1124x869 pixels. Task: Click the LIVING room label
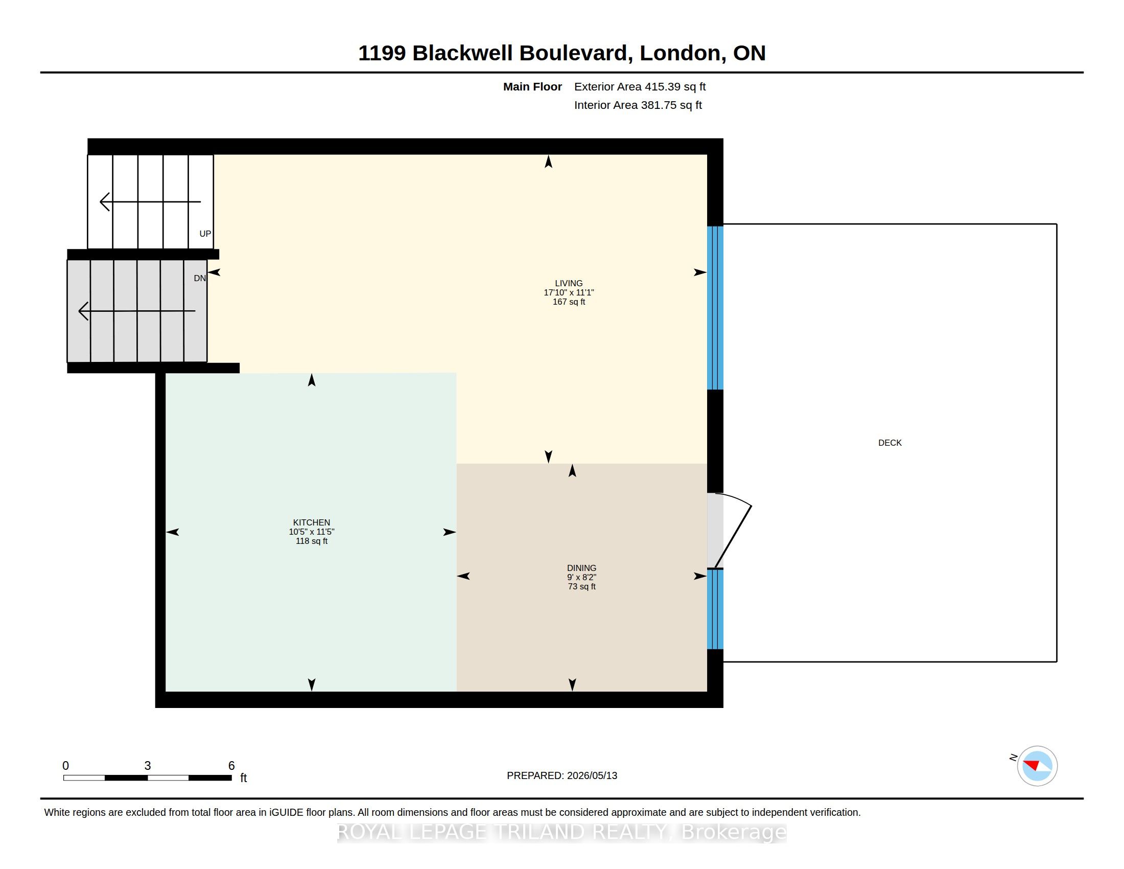pyautogui.click(x=569, y=283)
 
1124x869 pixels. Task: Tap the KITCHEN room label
pyautogui.click(x=311, y=522)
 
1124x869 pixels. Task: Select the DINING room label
pyautogui.click(x=581, y=568)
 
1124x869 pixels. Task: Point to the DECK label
pyautogui.click(x=890, y=443)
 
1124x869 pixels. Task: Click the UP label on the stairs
pyautogui.click(x=205, y=234)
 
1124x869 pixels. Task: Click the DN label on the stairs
pyautogui.click(x=200, y=279)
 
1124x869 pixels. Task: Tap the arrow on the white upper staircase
pyautogui.click(x=150, y=202)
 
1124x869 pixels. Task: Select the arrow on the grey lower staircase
pyautogui.click(x=137, y=311)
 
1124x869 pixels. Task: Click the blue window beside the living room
pyautogui.click(x=715, y=308)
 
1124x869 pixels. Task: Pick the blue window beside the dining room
pyautogui.click(x=715, y=609)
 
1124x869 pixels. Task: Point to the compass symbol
pyautogui.click(x=1037, y=766)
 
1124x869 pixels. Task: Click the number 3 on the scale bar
pyautogui.click(x=148, y=766)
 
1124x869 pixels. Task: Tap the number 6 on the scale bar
pyautogui.click(x=231, y=766)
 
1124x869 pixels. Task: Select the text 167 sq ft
pyautogui.click(x=569, y=302)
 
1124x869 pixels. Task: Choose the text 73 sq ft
pyautogui.click(x=581, y=586)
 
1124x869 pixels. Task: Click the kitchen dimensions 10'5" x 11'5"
pyautogui.click(x=311, y=532)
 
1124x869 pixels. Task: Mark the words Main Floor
pyautogui.click(x=532, y=86)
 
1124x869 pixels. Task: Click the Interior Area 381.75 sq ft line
pyautogui.click(x=638, y=105)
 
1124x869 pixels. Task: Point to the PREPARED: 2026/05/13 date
pyautogui.click(x=562, y=775)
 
